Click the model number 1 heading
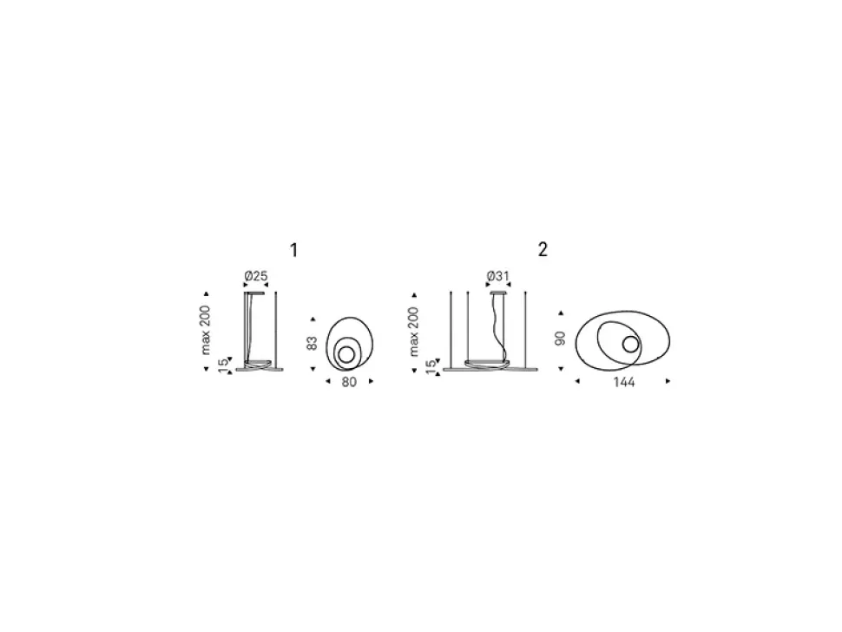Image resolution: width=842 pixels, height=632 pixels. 293,250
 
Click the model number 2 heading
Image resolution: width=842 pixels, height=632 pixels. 543,250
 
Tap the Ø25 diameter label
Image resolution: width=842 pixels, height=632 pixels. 255,276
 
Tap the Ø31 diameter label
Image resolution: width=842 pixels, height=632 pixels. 497,276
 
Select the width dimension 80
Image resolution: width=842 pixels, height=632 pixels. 349,382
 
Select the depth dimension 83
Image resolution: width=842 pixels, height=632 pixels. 312,344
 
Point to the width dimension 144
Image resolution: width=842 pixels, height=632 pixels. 623,382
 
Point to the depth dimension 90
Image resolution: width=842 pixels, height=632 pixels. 560,339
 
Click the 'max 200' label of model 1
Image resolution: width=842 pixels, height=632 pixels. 207,330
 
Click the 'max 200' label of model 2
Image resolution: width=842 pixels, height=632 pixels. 413,332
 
